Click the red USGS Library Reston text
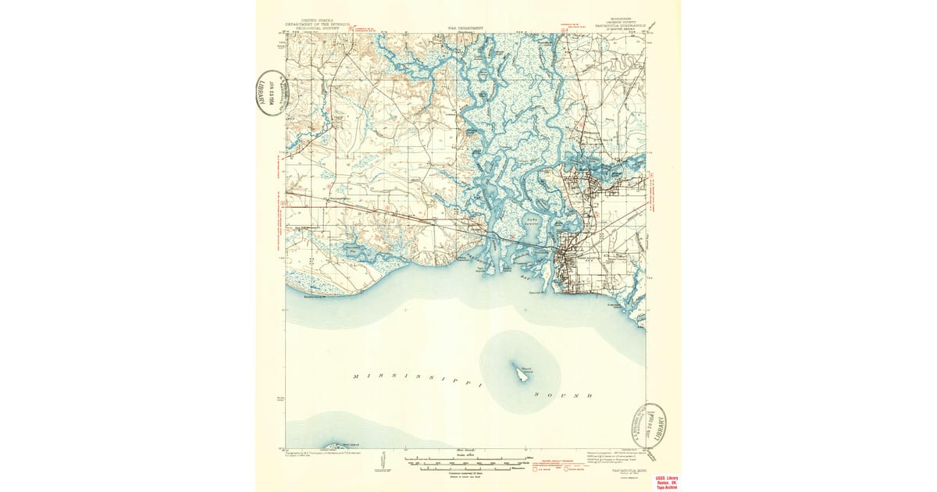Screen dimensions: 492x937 (666, 482)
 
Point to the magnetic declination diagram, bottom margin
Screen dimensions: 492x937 (382, 461)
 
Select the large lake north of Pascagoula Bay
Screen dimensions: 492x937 (533, 224)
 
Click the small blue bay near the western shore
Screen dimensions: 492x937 (356, 251)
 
